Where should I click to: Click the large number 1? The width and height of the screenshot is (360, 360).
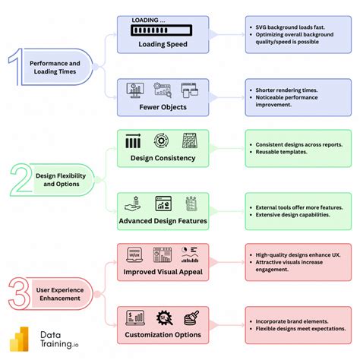16,67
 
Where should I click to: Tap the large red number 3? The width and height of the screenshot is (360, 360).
18,293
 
